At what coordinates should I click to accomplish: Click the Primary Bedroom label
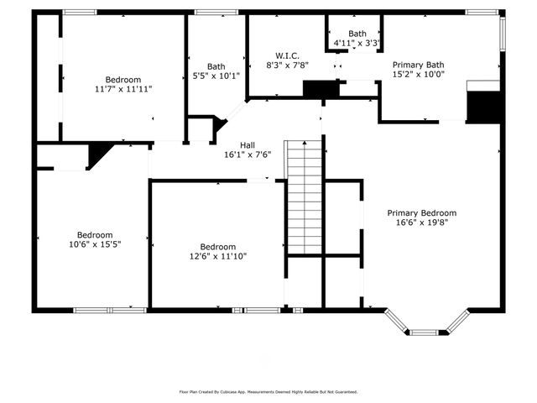point(422,213)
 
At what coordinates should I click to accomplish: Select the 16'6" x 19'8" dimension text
point(422,223)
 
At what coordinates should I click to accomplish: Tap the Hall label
point(248,144)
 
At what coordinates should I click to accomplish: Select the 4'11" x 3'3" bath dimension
point(357,43)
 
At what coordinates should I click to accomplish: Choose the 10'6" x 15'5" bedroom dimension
point(95,244)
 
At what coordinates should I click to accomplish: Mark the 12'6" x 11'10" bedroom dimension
point(217,256)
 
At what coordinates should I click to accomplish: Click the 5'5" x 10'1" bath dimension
point(216,76)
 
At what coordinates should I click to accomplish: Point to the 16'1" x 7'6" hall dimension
point(248,154)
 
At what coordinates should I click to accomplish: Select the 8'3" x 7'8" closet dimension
point(288,65)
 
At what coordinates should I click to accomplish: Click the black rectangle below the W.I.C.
point(319,89)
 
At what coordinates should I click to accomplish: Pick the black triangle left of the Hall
point(100,155)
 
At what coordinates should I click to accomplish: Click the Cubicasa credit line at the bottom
point(268,391)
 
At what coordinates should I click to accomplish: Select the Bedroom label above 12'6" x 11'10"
point(217,247)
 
